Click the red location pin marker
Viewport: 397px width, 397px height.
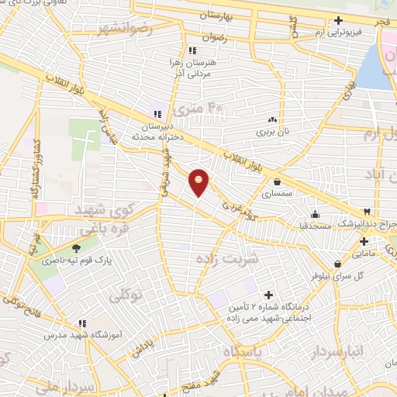point(199,182)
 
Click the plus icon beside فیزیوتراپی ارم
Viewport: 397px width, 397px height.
point(339,21)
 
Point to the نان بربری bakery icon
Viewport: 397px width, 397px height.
point(272,120)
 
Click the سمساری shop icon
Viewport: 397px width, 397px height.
point(277,182)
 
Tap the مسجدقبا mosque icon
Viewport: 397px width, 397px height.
point(314,216)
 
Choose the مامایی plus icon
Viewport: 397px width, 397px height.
point(385,242)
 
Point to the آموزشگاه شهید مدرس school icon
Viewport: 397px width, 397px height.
point(82,324)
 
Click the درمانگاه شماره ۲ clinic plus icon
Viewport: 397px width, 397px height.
point(269,295)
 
